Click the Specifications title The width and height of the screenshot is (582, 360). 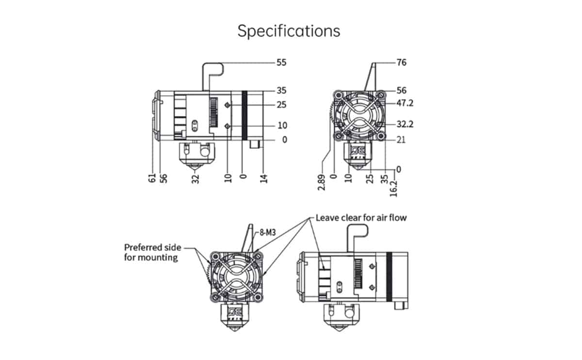289,31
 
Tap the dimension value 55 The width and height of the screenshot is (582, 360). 281,63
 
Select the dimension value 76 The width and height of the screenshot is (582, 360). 402,63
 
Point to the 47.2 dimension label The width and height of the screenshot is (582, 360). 405,103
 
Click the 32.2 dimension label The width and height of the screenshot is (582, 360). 405,124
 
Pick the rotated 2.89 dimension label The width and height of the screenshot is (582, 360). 322,182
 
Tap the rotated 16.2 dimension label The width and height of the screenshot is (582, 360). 394,189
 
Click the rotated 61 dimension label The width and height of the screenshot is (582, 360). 152,178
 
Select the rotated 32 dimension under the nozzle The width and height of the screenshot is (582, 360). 195,179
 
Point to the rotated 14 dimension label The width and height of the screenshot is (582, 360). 263,179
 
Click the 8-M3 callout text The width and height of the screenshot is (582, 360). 268,232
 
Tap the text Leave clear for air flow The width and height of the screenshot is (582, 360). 361,218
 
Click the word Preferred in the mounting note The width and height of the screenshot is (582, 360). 142,247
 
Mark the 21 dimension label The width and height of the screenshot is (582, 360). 401,140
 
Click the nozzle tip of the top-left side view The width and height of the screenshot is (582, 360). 194,169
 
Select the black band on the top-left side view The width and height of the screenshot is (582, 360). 244,115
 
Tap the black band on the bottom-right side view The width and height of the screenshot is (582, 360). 389,277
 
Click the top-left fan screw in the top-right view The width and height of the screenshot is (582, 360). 339,96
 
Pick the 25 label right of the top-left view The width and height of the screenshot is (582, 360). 282,105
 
